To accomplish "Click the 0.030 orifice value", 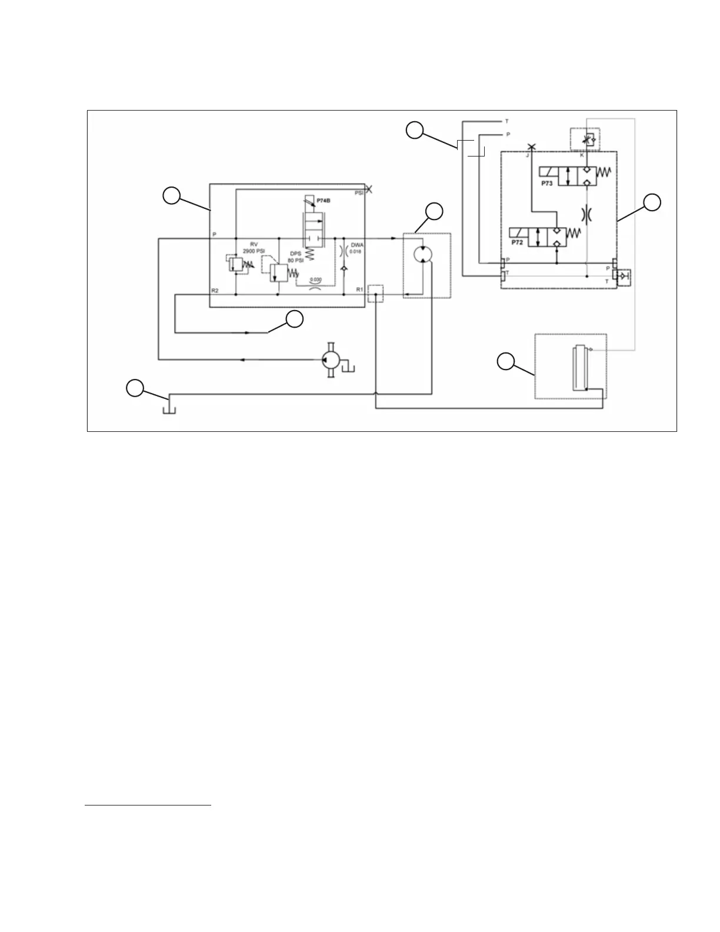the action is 315,279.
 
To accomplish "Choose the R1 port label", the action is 359,289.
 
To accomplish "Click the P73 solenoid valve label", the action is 547,183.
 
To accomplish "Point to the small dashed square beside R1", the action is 375,294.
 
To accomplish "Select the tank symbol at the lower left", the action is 168,405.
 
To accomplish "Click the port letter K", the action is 582,156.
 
